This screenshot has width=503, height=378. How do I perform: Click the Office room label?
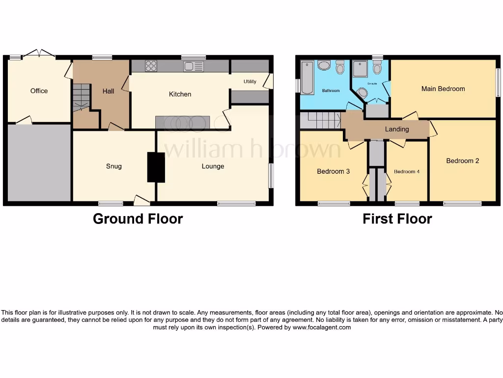pyautogui.click(x=39, y=91)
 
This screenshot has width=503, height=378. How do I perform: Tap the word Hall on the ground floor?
pyautogui.click(x=108, y=91)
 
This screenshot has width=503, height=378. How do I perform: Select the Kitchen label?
pyautogui.click(x=180, y=94)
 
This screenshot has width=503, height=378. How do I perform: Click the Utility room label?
pyautogui.click(x=250, y=82)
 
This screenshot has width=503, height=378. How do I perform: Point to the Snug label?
pyautogui.click(x=113, y=166)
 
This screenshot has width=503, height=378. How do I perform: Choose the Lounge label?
pyautogui.click(x=213, y=166)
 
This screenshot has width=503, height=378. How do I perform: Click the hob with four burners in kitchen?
pyautogui.click(x=151, y=66)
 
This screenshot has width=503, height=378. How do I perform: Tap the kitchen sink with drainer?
pyautogui.click(x=194, y=66)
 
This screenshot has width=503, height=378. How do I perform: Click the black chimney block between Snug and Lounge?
pyautogui.click(x=156, y=167)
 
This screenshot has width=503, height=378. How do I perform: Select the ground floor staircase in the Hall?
pyautogui.click(x=82, y=97)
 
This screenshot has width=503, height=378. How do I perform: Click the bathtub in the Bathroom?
pyautogui.click(x=307, y=77)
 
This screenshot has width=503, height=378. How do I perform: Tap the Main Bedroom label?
pyautogui.click(x=443, y=89)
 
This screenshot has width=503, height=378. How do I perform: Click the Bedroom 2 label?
pyautogui.click(x=462, y=161)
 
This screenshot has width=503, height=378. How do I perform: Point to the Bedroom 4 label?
pyautogui.click(x=407, y=172)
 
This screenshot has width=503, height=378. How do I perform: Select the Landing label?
pyautogui.click(x=396, y=129)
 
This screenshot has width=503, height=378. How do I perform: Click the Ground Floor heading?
pyautogui.click(x=138, y=219)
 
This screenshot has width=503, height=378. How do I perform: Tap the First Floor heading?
pyautogui.click(x=397, y=219)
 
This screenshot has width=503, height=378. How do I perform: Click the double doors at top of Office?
pyautogui.click(x=39, y=54)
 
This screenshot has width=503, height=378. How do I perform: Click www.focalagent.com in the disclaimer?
pyautogui.click(x=322, y=327)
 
